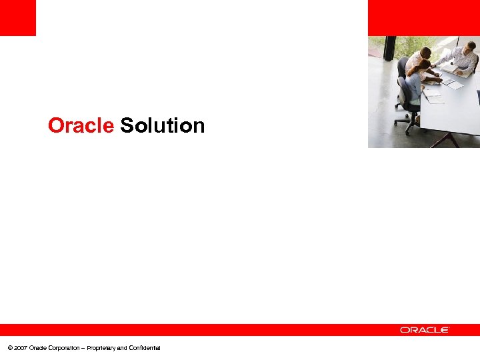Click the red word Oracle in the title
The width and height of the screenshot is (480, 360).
81,125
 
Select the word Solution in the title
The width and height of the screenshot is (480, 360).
162,125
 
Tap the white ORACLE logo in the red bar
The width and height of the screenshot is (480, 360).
425,329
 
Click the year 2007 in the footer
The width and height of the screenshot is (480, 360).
20,348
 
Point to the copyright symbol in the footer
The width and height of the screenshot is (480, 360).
9,348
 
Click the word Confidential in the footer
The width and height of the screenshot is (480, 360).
144,348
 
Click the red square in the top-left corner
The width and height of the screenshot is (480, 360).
17,17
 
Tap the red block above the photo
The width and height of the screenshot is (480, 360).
423,17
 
